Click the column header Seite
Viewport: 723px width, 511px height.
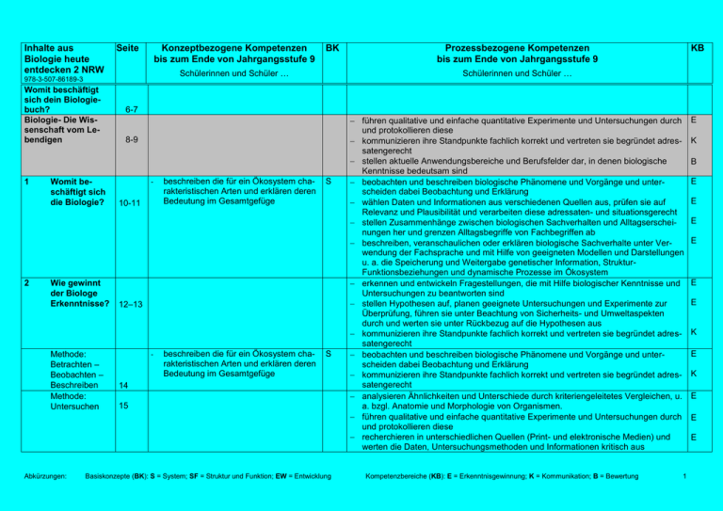tap(127, 46)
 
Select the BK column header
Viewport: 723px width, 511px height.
tap(331, 46)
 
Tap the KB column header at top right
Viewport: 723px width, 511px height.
tap(697, 46)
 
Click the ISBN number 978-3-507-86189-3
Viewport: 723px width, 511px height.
tap(55, 80)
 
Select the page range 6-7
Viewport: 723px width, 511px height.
tap(131, 110)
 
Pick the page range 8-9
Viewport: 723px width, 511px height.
tap(131, 140)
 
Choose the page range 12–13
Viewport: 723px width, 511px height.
tap(128, 304)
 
